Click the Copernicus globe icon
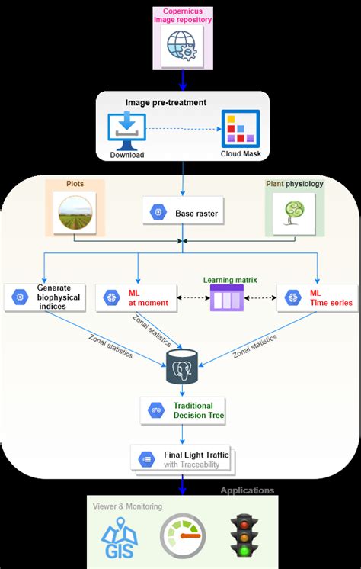[x=183, y=44]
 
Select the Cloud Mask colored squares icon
[x=240, y=128]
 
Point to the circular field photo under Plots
[x=74, y=211]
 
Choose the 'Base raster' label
[x=196, y=213]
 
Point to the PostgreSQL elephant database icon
[x=182, y=366]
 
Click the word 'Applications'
[x=247, y=490]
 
